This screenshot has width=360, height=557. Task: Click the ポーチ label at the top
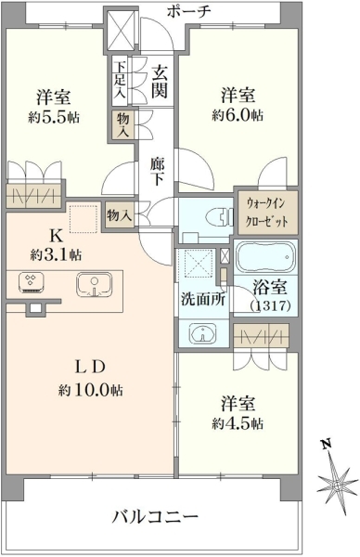pyautogui.click(x=188, y=12)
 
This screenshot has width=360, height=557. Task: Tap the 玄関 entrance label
pyautogui.click(x=159, y=82)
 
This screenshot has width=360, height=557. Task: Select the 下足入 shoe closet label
pyautogui.click(x=121, y=80)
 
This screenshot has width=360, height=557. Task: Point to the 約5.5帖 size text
pyautogui.click(x=54, y=117)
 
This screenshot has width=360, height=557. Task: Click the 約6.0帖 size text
pyautogui.click(x=238, y=115)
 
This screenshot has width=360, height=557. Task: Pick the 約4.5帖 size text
pyautogui.click(x=238, y=423)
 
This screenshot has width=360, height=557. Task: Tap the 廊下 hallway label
pyautogui.click(x=157, y=172)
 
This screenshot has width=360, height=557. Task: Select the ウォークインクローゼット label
pyautogui.click(x=267, y=213)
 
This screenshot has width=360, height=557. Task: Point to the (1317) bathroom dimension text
pyautogui.click(x=271, y=305)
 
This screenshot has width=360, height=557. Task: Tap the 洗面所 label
pyautogui.click(x=203, y=299)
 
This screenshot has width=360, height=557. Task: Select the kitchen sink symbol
pyautogui.click(x=94, y=285)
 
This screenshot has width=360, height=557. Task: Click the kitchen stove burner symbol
pyautogui.click(x=32, y=282)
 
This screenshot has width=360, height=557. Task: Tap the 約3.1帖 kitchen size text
pyautogui.click(x=56, y=254)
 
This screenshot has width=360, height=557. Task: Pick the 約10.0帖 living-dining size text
pyautogui.click(x=91, y=390)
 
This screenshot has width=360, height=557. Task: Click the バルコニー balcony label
pyautogui.click(x=155, y=516)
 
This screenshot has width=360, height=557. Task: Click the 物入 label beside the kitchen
pyautogui.click(x=119, y=215)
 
